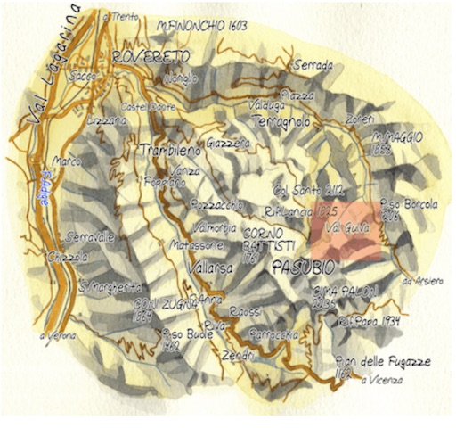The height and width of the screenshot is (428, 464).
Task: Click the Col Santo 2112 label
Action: click(x=307, y=189)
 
